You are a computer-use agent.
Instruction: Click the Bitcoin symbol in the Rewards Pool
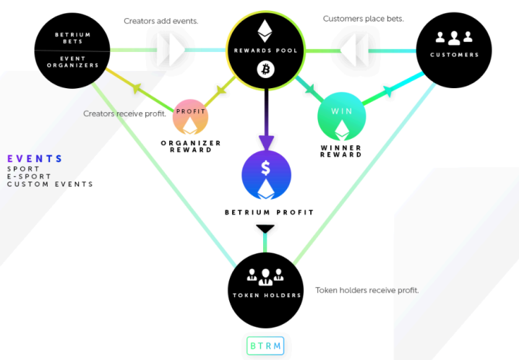(x=265, y=69)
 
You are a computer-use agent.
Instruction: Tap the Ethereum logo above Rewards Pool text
(x=265, y=31)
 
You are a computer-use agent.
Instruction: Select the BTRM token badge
(x=265, y=346)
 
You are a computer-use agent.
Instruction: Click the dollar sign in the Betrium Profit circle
(x=265, y=168)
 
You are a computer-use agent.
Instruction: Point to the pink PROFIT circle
(x=190, y=117)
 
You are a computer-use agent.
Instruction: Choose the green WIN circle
(x=342, y=116)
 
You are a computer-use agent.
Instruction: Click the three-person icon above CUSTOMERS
(x=454, y=38)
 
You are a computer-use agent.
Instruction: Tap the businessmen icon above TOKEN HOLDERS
(x=265, y=277)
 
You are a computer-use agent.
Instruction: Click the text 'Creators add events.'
(x=161, y=21)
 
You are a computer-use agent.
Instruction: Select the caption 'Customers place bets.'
(x=364, y=19)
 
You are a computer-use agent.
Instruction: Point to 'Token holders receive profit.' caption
(x=367, y=290)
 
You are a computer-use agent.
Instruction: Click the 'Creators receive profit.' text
(x=124, y=113)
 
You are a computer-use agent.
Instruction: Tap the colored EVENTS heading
(x=35, y=159)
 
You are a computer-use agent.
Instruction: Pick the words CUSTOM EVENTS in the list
(x=51, y=184)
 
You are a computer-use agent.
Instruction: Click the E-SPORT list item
(x=29, y=176)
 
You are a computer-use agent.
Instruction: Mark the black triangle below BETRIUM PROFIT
(x=265, y=228)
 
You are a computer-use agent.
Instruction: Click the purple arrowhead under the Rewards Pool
(x=266, y=142)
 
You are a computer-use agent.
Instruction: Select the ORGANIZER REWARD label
(x=191, y=146)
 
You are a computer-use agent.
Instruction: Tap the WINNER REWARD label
(x=341, y=151)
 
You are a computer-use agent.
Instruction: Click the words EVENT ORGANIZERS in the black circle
(x=73, y=62)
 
